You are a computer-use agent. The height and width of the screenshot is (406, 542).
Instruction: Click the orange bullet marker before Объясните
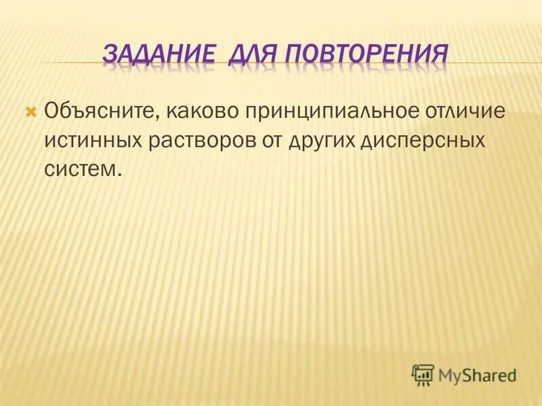click(30, 110)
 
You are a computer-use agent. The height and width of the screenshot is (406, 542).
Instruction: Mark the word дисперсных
click(423, 143)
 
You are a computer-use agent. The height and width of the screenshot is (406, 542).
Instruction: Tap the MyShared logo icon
click(423, 374)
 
